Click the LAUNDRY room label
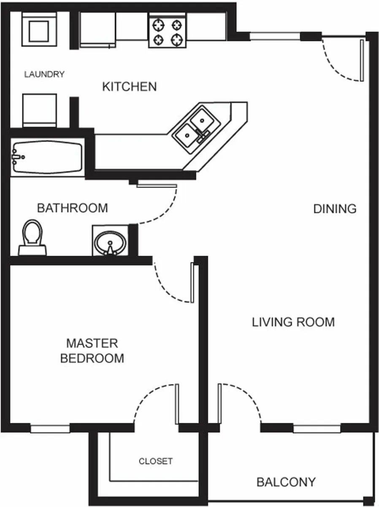click(44, 75)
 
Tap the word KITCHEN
click(130, 87)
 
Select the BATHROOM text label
click(72, 208)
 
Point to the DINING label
click(335, 209)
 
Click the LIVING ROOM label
click(293, 322)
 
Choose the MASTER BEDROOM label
click(92, 351)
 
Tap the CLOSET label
click(156, 461)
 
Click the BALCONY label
click(286, 482)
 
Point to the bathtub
click(46, 157)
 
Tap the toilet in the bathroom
click(32, 237)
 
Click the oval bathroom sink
click(110, 243)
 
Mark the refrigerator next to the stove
click(97, 29)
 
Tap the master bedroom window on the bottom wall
click(50, 429)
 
